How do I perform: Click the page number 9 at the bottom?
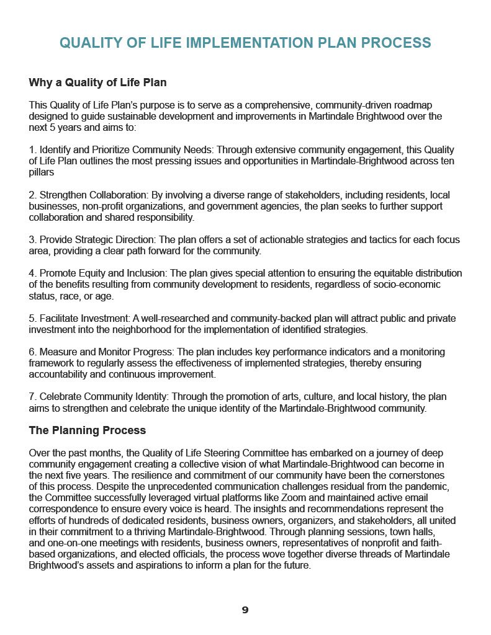tap(245, 610)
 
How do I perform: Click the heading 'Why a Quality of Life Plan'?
tap(97, 82)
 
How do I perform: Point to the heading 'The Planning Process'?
tap(88, 430)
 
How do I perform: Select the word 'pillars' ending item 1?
tap(43, 172)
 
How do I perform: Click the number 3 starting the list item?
tap(32, 240)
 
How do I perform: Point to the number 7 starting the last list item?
tap(32, 397)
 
